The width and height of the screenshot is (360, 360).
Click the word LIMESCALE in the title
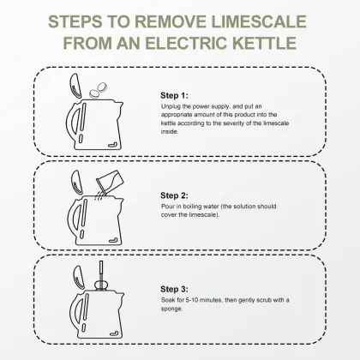(259, 21)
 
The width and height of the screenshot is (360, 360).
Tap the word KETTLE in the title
(264, 43)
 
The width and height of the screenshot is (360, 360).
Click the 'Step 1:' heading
(174, 95)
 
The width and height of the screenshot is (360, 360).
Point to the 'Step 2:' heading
(174, 195)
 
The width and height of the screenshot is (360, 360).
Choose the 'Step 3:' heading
(174, 289)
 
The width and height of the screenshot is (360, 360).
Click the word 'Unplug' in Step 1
(171, 107)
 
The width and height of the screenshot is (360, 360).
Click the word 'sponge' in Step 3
(171, 309)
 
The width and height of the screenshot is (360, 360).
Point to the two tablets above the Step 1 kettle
(98, 90)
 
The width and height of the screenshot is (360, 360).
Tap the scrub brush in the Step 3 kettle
(101, 276)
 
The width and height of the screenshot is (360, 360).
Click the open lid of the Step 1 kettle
(75, 86)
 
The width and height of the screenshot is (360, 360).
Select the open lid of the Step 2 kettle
(77, 183)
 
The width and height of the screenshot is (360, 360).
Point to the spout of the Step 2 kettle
(119, 202)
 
